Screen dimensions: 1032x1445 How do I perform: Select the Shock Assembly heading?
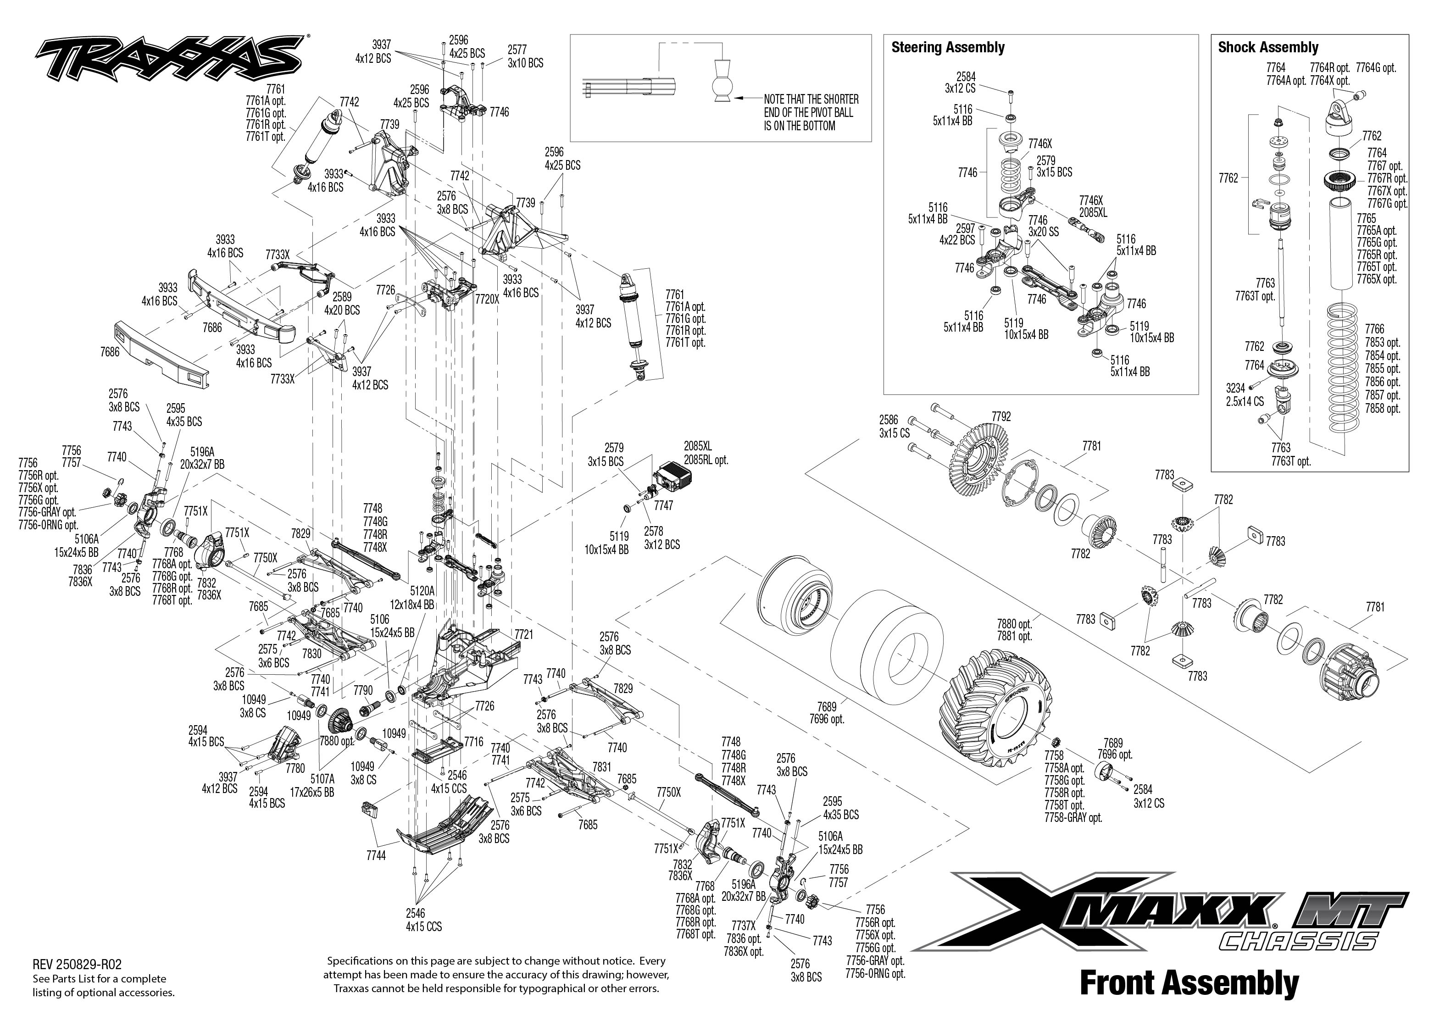(x=1268, y=47)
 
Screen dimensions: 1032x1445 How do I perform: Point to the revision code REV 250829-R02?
(x=76, y=964)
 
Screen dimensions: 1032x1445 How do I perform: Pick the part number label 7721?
(x=523, y=635)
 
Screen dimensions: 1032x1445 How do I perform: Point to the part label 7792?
(x=1001, y=417)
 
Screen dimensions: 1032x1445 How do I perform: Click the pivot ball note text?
(x=811, y=112)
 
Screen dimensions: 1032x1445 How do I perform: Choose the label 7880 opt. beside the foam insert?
(x=1014, y=624)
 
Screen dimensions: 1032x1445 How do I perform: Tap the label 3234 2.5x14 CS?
(x=1245, y=394)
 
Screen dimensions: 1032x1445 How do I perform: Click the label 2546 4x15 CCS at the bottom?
(x=424, y=920)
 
